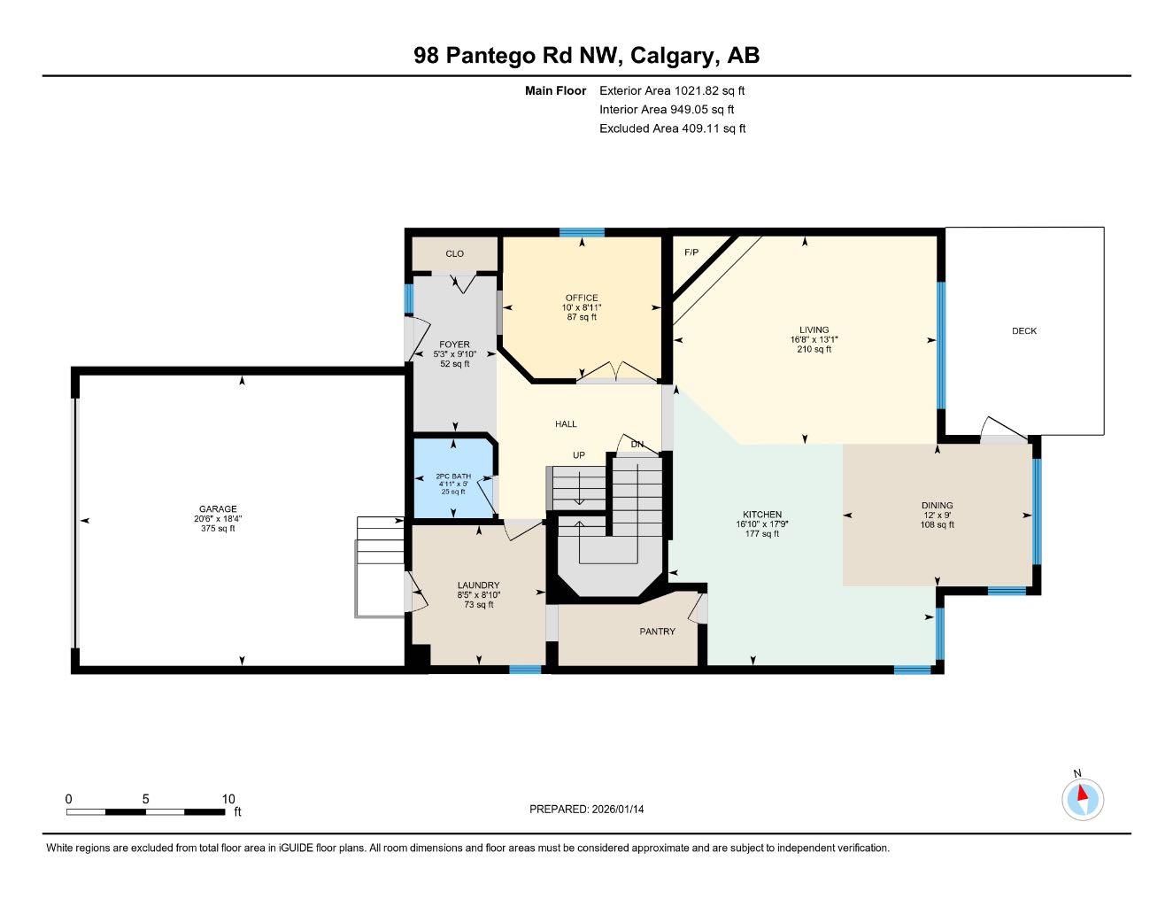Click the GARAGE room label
217,509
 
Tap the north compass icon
1082,799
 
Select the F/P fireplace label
691,252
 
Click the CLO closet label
454,254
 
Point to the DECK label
1024,331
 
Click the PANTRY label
657,632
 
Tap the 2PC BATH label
453,477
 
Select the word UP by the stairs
579,455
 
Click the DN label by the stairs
637,444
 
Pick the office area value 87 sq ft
582,317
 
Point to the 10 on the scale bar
228,799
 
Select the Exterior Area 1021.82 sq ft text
672,90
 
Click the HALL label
566,424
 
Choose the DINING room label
937,506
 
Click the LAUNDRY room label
478,585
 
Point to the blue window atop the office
582,232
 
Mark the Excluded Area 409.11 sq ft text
672,128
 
